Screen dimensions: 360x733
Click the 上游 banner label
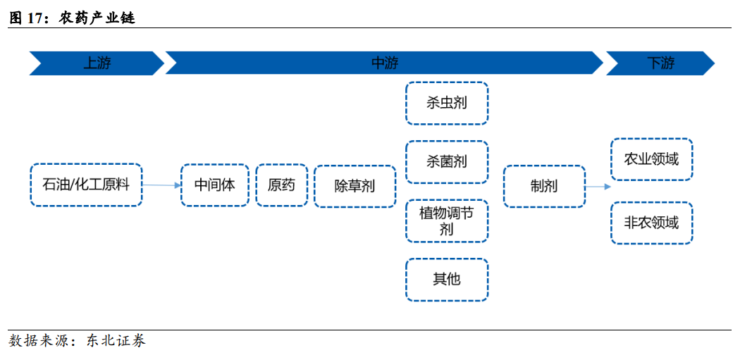[97, 63]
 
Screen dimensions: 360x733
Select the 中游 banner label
[384, 63]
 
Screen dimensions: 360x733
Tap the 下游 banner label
[660, 63]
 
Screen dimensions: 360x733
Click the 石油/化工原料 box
[86, 185]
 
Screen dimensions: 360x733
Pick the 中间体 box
[215, 185]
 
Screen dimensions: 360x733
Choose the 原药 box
[281, 185]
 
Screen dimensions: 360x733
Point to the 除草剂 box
[355, 186]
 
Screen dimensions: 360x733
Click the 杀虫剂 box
[447, 103]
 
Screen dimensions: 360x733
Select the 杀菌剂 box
[447, 161]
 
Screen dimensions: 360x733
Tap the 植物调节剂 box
[447, 221]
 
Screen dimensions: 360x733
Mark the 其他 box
[447, 279]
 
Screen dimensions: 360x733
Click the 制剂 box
[544, 186]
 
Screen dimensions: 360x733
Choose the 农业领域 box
[651, 159]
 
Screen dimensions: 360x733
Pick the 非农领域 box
[651, 223]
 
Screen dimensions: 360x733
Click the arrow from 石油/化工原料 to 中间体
[161, 185]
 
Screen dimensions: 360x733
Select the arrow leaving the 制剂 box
[598, 187]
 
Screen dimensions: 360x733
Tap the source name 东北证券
[116, 342]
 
